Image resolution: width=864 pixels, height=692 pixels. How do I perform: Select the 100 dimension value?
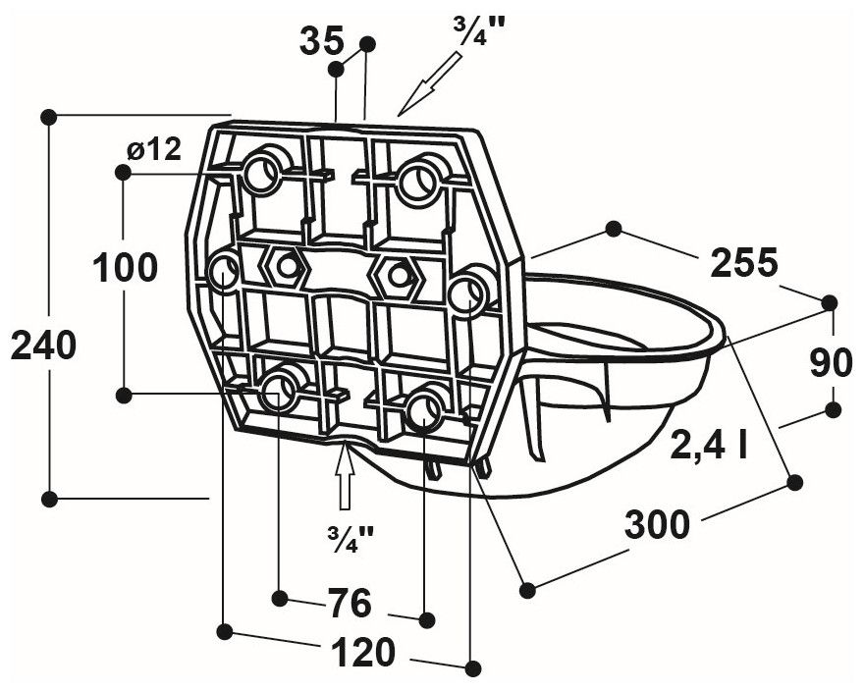pos(125,267)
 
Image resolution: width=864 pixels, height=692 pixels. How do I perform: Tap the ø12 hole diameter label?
pos(154,149)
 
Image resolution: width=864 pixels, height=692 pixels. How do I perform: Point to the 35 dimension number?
pos(322,41)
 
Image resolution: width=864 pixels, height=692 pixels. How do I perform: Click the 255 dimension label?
pos(743,263)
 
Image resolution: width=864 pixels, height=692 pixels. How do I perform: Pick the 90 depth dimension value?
pos(831,363)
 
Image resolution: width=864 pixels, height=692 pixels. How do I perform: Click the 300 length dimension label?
pos(658,526)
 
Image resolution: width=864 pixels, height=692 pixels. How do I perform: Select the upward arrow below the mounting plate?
pos(344,481)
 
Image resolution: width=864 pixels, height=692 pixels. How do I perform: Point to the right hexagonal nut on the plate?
pos(399,276)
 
